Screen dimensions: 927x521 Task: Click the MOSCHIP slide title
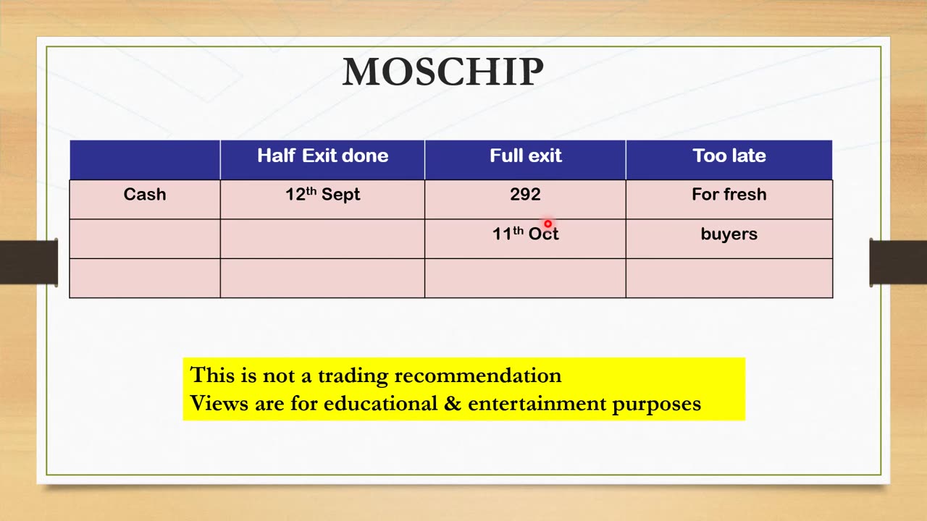442,72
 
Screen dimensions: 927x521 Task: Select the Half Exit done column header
323,156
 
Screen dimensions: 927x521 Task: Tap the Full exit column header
526,156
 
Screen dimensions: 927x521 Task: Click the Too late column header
729,156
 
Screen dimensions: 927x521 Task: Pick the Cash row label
145,195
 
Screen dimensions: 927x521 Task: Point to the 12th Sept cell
323,195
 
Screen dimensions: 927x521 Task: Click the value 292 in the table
525,195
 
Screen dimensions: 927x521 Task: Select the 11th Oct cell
525,234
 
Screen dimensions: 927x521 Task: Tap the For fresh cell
729,195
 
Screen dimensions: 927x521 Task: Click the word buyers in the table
729,234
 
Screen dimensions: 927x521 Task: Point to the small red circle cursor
548,224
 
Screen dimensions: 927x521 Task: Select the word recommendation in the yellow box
478,376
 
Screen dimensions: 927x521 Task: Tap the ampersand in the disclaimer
453,404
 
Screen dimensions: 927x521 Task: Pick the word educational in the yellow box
380,404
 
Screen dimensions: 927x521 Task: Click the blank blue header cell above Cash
145,160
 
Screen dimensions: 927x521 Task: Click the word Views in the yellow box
219,403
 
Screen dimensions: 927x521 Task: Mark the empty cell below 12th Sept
322,239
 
